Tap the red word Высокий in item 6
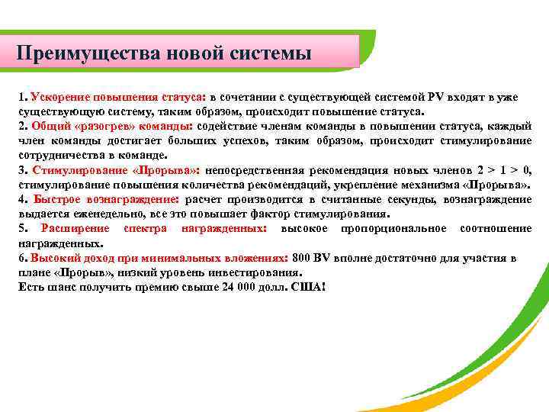pos(53,258)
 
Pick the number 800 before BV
pos(301,258)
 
